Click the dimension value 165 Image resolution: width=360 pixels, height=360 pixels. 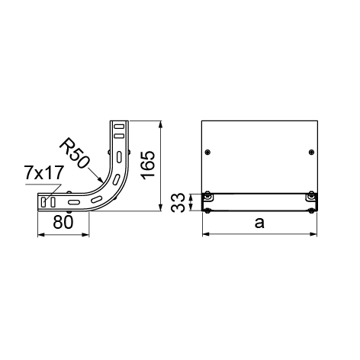tap(148, 166)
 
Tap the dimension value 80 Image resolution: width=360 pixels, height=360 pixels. tap(63, 222)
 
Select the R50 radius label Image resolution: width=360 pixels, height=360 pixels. tap(75, 153)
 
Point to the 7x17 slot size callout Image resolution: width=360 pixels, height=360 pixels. tap(43, 172)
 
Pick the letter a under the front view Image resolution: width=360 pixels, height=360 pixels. tap(259, 223)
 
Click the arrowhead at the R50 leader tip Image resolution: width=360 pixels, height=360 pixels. tap(101, 180)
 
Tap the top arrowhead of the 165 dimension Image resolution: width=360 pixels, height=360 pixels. tap(160, 124)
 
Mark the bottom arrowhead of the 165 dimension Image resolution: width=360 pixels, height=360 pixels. tap(160, 207)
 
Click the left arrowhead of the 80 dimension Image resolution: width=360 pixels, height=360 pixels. tap(41, 235)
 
